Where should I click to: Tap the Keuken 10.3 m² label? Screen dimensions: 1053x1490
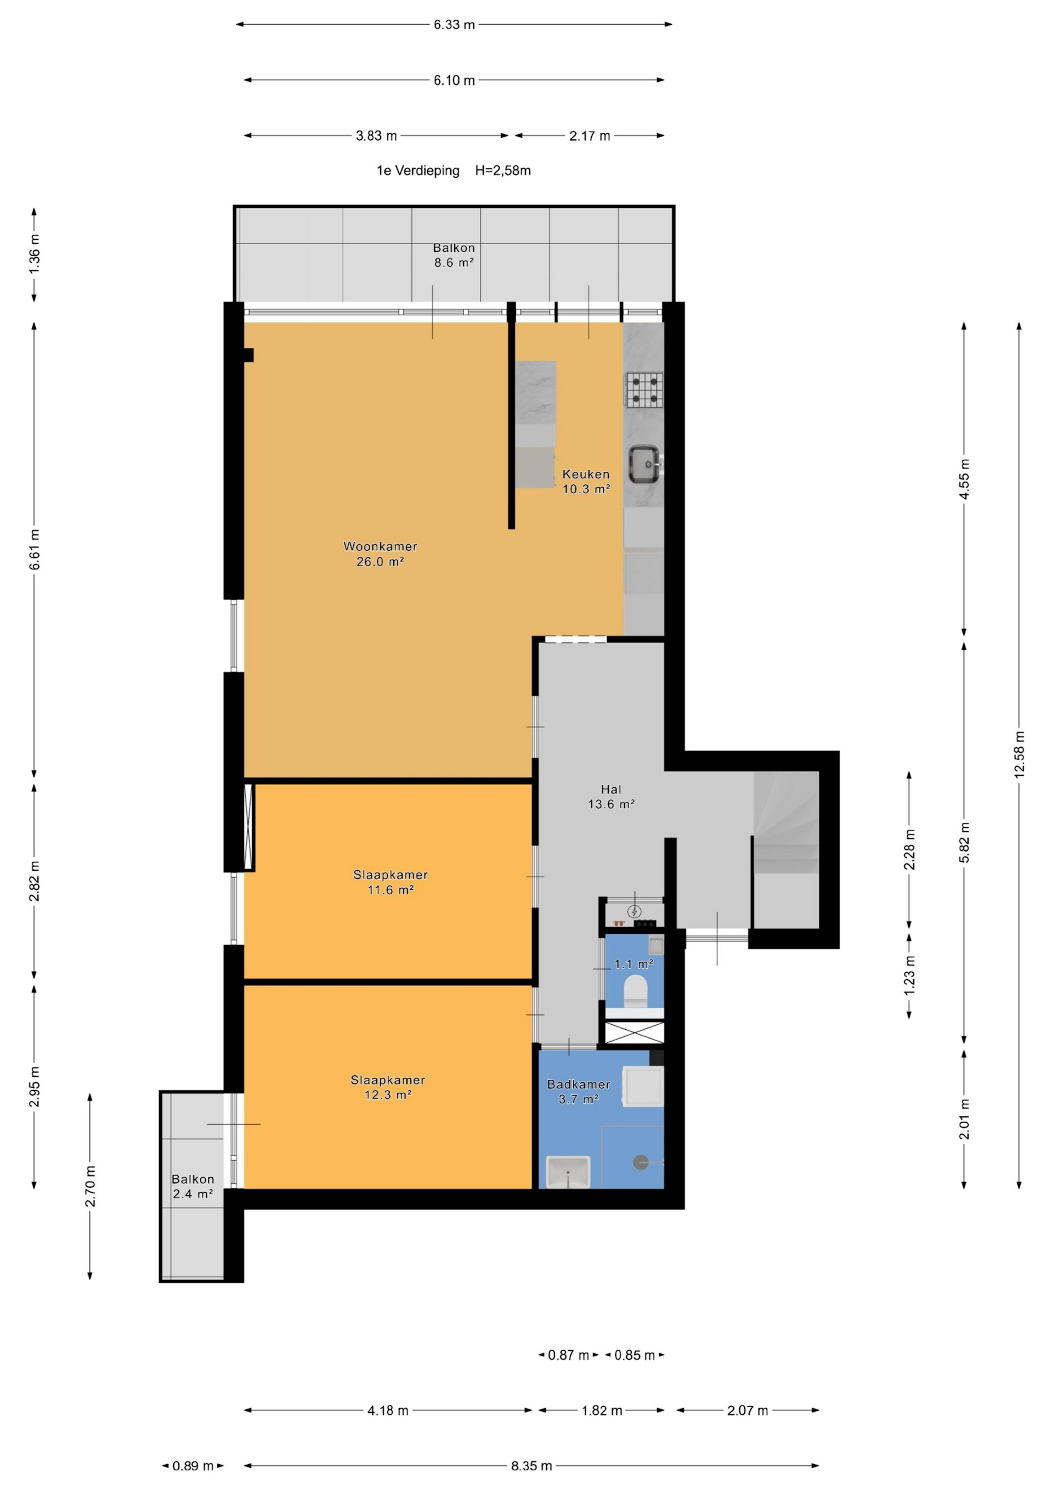(586, 482)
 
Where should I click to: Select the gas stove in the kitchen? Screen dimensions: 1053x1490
(644, 390)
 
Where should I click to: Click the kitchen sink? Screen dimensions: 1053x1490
(645, 464)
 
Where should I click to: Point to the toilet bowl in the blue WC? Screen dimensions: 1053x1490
(635, 993)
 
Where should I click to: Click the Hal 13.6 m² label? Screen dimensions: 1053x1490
(611, 796)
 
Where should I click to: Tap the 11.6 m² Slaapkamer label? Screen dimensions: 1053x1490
(390, 882)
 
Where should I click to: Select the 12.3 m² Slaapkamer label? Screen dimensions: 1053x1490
(388, 1087)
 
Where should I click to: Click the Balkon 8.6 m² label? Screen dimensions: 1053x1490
(454, 255)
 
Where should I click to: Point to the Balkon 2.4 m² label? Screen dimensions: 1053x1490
(193, 1186)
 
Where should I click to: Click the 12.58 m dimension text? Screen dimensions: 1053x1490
(1019, 754)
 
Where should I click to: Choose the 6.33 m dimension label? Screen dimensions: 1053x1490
(454, 25)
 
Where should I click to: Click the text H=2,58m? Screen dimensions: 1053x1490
(503, 171)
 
